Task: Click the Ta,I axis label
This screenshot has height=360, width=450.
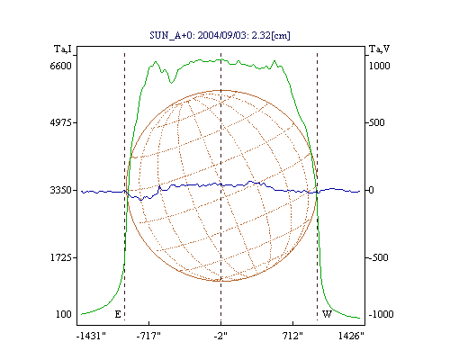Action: (63, 49)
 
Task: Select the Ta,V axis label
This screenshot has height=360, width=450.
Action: (379, 49)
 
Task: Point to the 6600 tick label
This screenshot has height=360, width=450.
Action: (60, 66)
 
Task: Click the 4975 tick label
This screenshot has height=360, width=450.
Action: (60, 122)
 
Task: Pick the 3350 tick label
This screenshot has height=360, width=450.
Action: (60, 190)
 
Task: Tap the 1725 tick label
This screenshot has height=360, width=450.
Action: (61, 257)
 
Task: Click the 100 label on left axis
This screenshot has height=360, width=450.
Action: (64, 314)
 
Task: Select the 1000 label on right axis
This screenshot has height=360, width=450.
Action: (379, 66)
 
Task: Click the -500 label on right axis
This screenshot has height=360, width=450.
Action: (378, 257)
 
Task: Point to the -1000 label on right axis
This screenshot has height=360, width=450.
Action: (381, 314)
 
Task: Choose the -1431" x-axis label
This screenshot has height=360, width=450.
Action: (91, 336)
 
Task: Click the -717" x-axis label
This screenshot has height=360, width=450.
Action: (148, 336)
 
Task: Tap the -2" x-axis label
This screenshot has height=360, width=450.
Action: (220, 336)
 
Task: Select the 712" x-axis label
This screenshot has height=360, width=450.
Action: (292, 336)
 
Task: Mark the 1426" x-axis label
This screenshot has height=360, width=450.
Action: (351, 336)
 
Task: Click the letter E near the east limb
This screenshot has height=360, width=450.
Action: (118, 314)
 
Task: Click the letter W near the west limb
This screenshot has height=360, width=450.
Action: (327, 314)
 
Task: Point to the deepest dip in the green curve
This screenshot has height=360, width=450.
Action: (171, 83)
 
